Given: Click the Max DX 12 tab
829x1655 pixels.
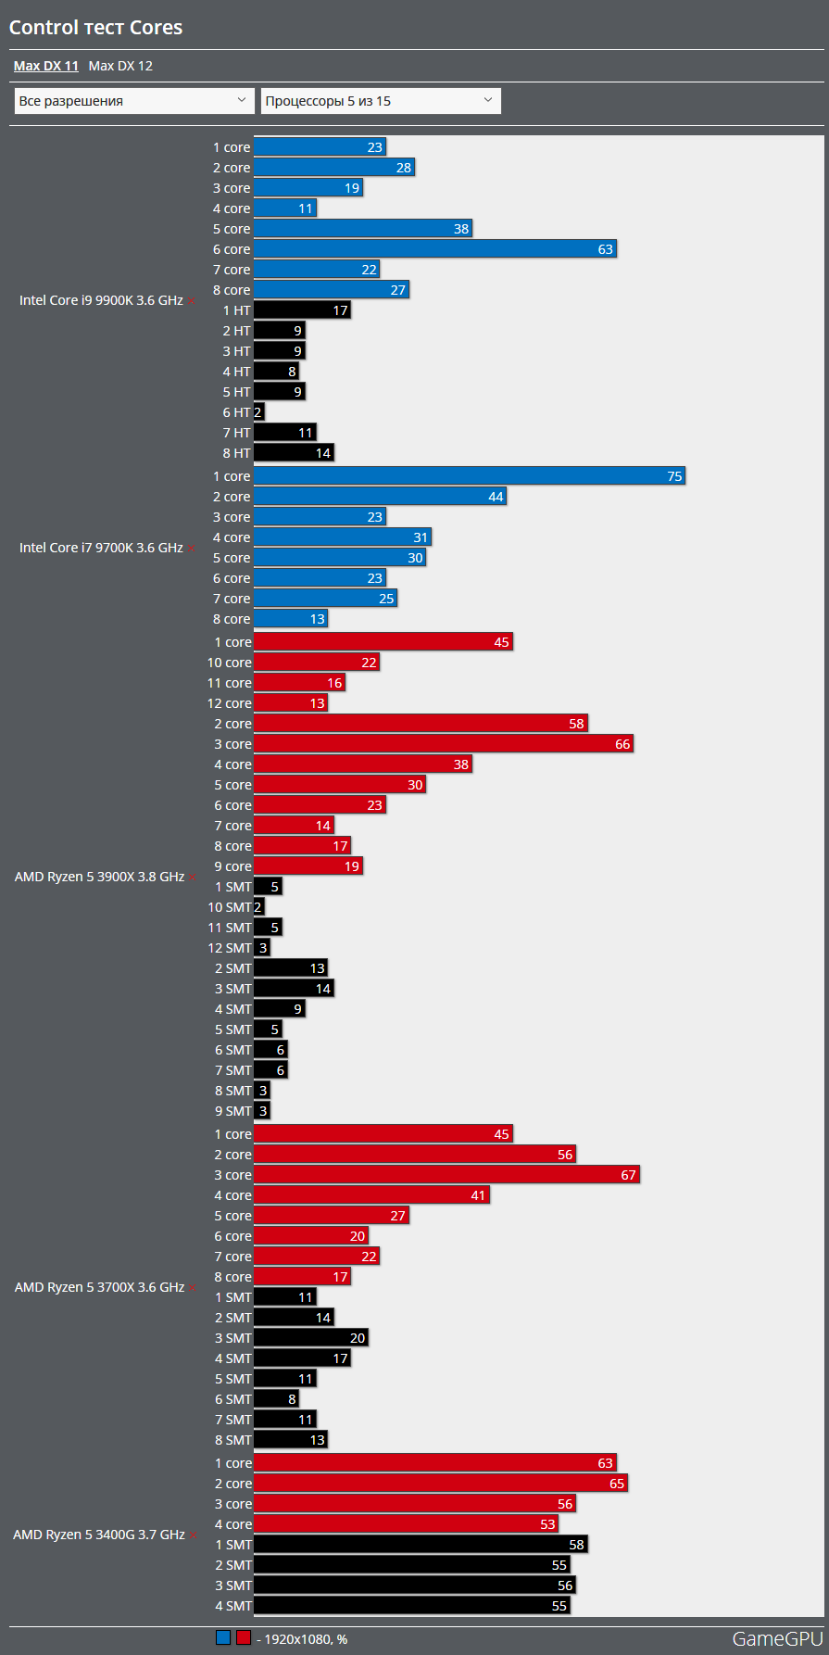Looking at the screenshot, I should click(120, 66).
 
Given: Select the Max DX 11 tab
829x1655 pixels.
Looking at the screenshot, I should click(45, 66).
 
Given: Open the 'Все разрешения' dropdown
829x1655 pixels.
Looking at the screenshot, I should click(134, 101).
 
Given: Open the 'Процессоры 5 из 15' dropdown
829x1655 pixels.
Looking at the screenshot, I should click(381, 101).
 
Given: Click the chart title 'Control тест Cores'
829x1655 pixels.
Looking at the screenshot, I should click(95, 28).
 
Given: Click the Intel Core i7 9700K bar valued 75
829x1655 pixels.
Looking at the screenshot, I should click(469, 476).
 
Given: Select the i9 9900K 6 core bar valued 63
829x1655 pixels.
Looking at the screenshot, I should click(434, 249).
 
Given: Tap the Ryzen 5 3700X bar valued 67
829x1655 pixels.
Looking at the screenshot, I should click(446, 1175).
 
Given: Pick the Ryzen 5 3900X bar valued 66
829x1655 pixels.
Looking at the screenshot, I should click(443, 744).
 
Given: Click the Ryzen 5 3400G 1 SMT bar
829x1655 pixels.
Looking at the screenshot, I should click(421, 1545).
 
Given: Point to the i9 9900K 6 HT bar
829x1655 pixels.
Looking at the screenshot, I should click(258, 412).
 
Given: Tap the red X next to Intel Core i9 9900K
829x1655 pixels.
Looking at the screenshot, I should click(192, 301).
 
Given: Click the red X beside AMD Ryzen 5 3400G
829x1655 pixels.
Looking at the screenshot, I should click(194, 1535).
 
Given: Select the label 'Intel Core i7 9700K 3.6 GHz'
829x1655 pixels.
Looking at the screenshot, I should click(101, 548).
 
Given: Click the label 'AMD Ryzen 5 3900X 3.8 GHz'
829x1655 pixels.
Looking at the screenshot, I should click(99, 877).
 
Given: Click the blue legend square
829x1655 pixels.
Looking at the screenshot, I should click(223, 1637).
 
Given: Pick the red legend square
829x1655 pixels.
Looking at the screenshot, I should click(244, 1637).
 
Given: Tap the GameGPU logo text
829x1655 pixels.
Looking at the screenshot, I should click(777, 1638).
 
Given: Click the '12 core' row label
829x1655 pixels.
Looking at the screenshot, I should click(229, 703).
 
